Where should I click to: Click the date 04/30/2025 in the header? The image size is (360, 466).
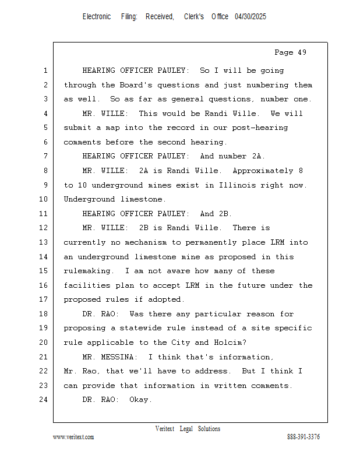click(250, 17)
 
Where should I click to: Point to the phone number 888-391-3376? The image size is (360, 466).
click(303, 437)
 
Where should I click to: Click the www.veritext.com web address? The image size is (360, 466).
click(73, 437)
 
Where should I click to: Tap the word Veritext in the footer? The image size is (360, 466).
click(165, 429)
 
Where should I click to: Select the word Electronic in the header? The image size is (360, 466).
click(97, 17)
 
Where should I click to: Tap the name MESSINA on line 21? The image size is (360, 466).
click(119, 357)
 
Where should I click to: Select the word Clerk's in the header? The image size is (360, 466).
click(194, 17)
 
